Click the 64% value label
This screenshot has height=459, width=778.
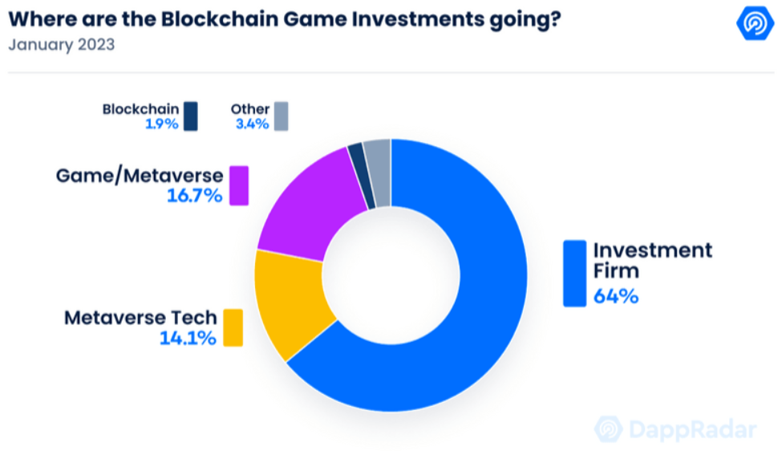click(615, 296)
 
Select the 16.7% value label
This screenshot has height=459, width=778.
click(194, 195)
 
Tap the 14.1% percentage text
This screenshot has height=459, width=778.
click(188, 338)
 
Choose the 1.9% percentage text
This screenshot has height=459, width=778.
click(162, 124)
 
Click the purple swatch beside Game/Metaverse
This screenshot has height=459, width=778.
click(238, 185)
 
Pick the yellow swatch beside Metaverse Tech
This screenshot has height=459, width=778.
click(233, 327)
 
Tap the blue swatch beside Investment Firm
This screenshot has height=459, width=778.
click(574, 273)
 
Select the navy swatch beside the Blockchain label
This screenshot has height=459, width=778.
click(190, 116)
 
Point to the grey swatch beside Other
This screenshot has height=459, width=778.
click(281, 116)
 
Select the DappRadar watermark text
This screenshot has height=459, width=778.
click(692, 429)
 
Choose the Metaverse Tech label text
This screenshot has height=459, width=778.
click(140, 318)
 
